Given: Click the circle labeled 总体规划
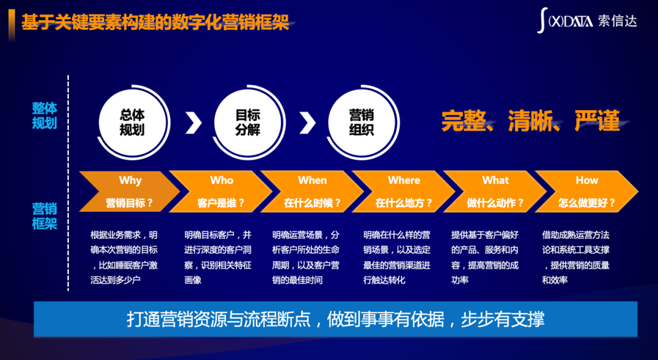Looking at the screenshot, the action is pos(133,122).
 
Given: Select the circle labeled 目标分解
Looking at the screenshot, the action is pos(248,122).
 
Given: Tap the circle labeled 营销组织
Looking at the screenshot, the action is pos(362,122).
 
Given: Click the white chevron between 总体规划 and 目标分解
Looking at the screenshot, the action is pos(194,122).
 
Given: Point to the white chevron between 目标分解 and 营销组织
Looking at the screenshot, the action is pos(308,122).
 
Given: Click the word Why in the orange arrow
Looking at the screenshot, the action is pos(130,180).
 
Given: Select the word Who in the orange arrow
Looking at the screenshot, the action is pos(222,180).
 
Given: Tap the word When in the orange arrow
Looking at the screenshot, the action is pos(312,180).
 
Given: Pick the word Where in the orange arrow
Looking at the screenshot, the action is pos(404,180).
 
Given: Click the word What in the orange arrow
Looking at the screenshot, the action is pos(495,180).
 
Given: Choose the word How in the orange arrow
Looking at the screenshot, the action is pos(587,180).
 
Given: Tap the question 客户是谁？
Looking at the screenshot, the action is pos(221,203).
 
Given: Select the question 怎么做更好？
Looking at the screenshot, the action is pos(586,203).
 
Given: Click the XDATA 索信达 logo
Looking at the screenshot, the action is pos(587,21).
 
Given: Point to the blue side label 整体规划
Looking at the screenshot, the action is pos(44,115).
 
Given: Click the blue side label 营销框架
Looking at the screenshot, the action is pos(44,216).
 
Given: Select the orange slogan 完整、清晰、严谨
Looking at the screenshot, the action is pos(531,121).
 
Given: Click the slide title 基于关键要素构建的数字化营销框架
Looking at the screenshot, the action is pos(155,22).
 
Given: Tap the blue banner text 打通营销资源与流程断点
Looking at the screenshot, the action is pos(219,319).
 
